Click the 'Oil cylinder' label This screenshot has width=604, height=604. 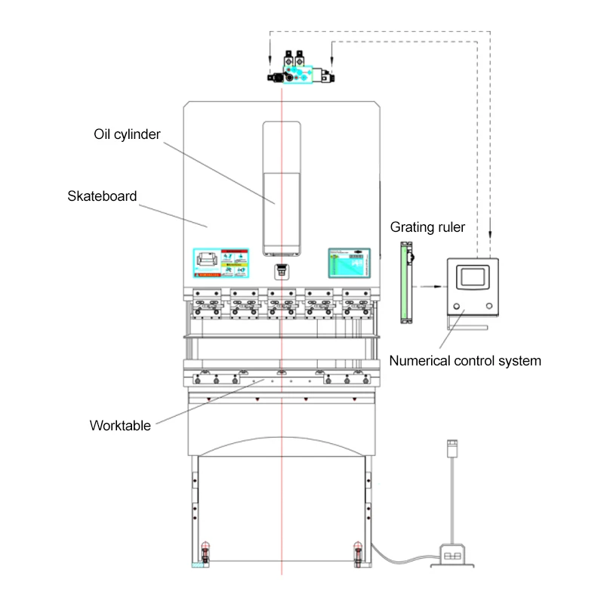[x=127, y=134]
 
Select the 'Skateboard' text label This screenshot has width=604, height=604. [x=102, y=196]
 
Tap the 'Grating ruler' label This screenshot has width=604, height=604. [x=427, y=226]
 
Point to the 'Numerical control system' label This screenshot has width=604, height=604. [x=465, y=360]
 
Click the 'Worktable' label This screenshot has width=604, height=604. [x=120, y=424]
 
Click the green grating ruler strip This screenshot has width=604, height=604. [x=407, y=282]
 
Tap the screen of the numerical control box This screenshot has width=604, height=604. [x=472, y=274]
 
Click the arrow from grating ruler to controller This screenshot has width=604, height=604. [x=430, y=286]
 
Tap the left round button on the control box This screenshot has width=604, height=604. [x=456, y=306]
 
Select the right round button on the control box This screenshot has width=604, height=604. [x=489, y=306]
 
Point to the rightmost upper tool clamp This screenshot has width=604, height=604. [x=356, y=299]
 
